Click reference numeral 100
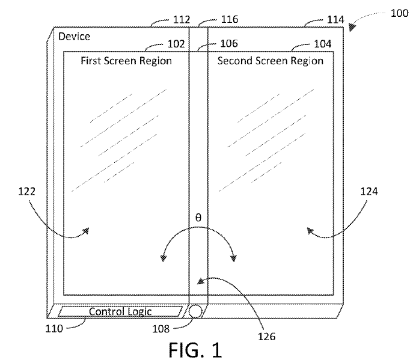coord(399,13)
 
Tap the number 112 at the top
coord(182,19)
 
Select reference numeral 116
coord(230,19)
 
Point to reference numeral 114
coord(335,19)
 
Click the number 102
coord(176,44)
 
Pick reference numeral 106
coord(229,43)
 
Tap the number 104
coord(323,44)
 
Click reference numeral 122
coord(26,191)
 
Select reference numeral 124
coord(369,191)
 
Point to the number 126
coord(266,337)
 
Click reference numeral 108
coord(161,329)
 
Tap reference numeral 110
coord(54,329)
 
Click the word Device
coord(74,36)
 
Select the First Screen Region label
coord(126,61)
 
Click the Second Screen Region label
coord(271,61)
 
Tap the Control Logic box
coord(120,311)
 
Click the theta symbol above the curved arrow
coord(198,218)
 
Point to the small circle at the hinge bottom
coord(195,311)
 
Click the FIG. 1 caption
coord(195,350)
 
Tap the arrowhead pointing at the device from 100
coord(352,27)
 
